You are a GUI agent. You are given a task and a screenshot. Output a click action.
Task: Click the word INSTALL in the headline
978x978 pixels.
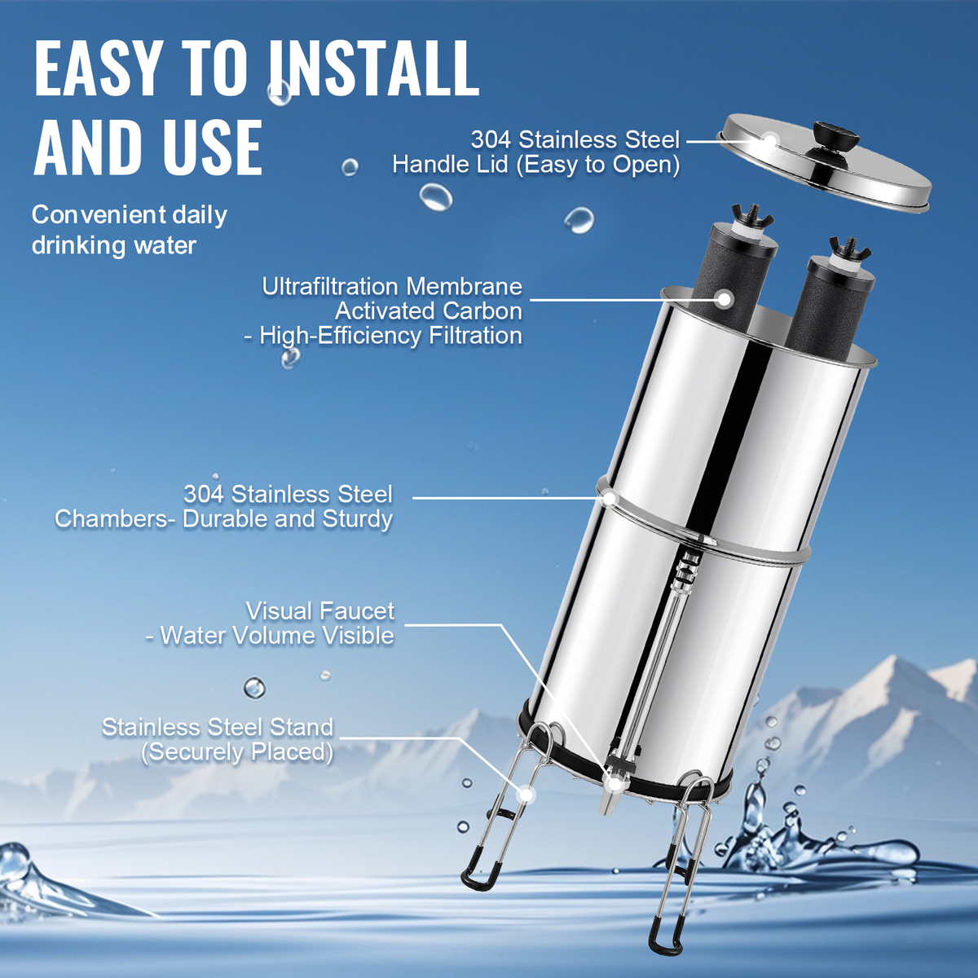pos(375,68)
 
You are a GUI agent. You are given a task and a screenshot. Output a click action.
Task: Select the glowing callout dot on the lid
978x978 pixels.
pos(770,140)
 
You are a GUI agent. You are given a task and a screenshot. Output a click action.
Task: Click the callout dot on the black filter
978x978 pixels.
pos(725,299)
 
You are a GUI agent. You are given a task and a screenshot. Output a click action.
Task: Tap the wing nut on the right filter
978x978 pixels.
pos(850,247)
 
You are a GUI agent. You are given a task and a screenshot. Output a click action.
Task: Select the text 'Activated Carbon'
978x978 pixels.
pos(429,311)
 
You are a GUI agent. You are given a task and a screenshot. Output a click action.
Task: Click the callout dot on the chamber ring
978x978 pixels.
pos(609,498)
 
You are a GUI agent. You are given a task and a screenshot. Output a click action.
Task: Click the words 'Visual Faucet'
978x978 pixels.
pos(319,610)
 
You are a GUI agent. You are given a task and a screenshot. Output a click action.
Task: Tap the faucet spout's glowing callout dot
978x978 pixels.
pos(615,783)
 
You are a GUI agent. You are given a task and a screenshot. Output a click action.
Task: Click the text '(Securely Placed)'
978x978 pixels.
pos(237,751)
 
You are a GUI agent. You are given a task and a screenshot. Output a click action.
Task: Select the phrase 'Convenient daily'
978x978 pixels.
pos(129,214)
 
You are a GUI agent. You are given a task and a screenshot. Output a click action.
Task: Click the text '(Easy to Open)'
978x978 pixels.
pos(597,165)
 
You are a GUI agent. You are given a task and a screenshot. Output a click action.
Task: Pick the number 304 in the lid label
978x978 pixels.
pos(491,139)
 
